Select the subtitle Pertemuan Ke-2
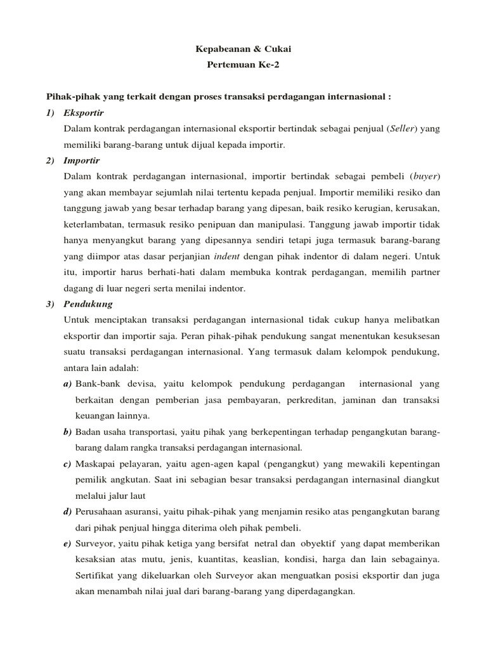point(243,65)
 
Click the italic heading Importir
point(82,161)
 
